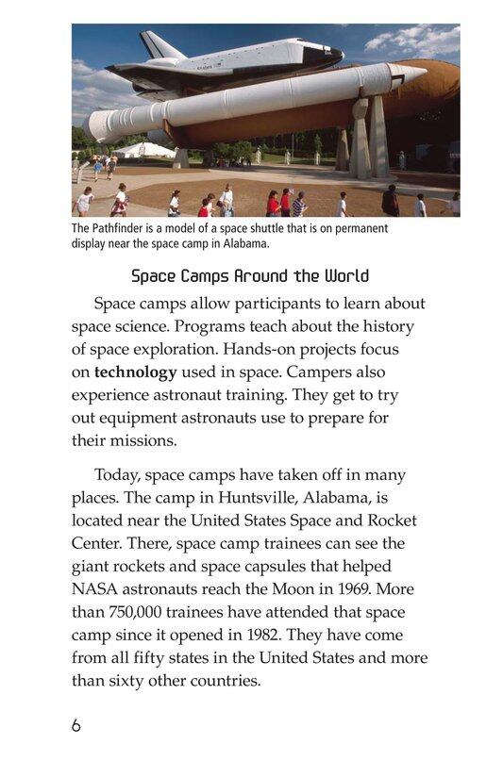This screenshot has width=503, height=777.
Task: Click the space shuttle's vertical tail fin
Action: (x=152, y=44)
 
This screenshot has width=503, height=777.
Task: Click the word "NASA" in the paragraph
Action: (x=95, y=588)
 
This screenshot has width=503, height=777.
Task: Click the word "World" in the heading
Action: (x=346, y=276)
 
